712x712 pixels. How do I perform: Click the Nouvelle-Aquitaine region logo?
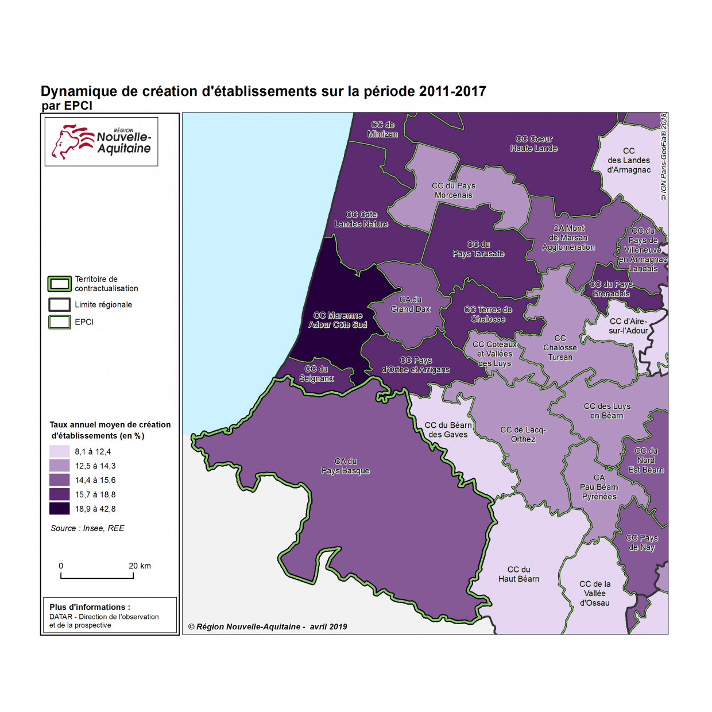102,142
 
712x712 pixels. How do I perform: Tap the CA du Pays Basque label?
345,466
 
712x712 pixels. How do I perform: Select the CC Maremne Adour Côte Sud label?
338,320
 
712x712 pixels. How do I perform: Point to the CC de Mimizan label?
382,129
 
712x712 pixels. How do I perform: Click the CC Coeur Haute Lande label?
533,144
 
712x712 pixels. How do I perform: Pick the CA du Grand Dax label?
411,304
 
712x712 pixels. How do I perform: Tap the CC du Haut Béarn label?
518,574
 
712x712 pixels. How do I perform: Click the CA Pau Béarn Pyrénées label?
599,487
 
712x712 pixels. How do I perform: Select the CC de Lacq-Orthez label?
523,434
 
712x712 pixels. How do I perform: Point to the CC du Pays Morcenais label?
454,191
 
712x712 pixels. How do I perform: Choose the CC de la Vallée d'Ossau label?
595,593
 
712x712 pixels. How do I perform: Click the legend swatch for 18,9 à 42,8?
59,509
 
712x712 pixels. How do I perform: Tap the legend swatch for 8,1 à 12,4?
59,451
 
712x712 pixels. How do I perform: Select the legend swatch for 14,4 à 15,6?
59,480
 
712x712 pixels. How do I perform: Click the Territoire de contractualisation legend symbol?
59,284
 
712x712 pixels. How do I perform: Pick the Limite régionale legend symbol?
59,304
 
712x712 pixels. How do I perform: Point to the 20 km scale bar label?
140,566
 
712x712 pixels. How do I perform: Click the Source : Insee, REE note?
87,528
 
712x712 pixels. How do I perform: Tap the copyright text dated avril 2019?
268,626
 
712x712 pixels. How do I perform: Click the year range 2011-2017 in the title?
452,91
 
